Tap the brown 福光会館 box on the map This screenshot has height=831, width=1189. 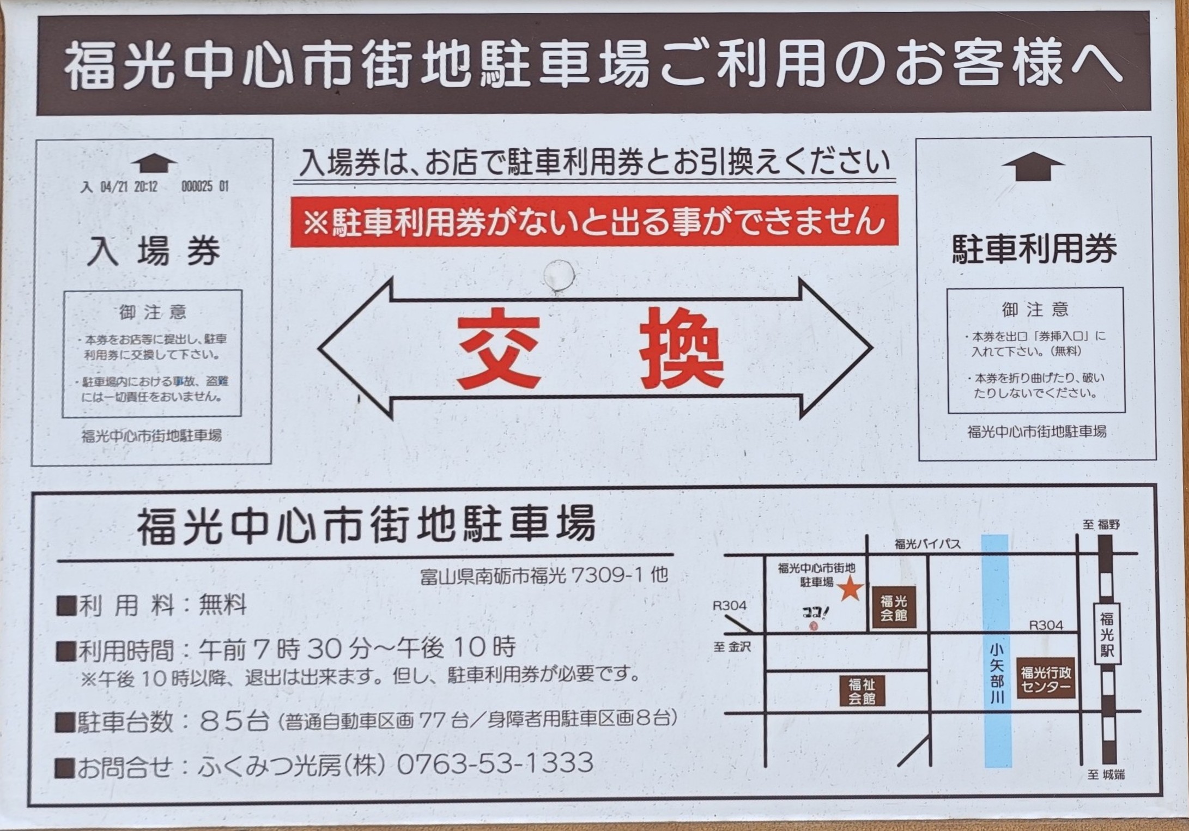[894, 608]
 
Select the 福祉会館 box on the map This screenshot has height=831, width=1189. [862, 691]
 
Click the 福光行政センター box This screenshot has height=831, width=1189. [1046, 680]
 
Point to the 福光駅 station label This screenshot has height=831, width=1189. [1107, 634]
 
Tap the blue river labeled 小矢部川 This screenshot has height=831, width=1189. [997, 651]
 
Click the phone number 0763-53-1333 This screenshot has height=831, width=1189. [495, 763]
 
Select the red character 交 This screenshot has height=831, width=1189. [498, 349]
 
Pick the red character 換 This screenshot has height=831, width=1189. [682, 348]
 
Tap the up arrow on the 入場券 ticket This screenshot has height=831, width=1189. [154, 163]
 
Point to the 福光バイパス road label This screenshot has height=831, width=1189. [927, 544]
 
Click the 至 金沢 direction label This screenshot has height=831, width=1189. [732, 647]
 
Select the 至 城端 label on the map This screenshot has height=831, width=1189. [1106, 775]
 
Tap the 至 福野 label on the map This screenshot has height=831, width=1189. [1101, 525]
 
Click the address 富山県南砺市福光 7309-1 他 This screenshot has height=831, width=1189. [544, 575]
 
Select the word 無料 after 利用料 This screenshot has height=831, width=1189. [223, 605]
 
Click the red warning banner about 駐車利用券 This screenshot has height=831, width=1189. [594, 221]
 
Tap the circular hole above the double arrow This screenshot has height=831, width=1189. [559, 276]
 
